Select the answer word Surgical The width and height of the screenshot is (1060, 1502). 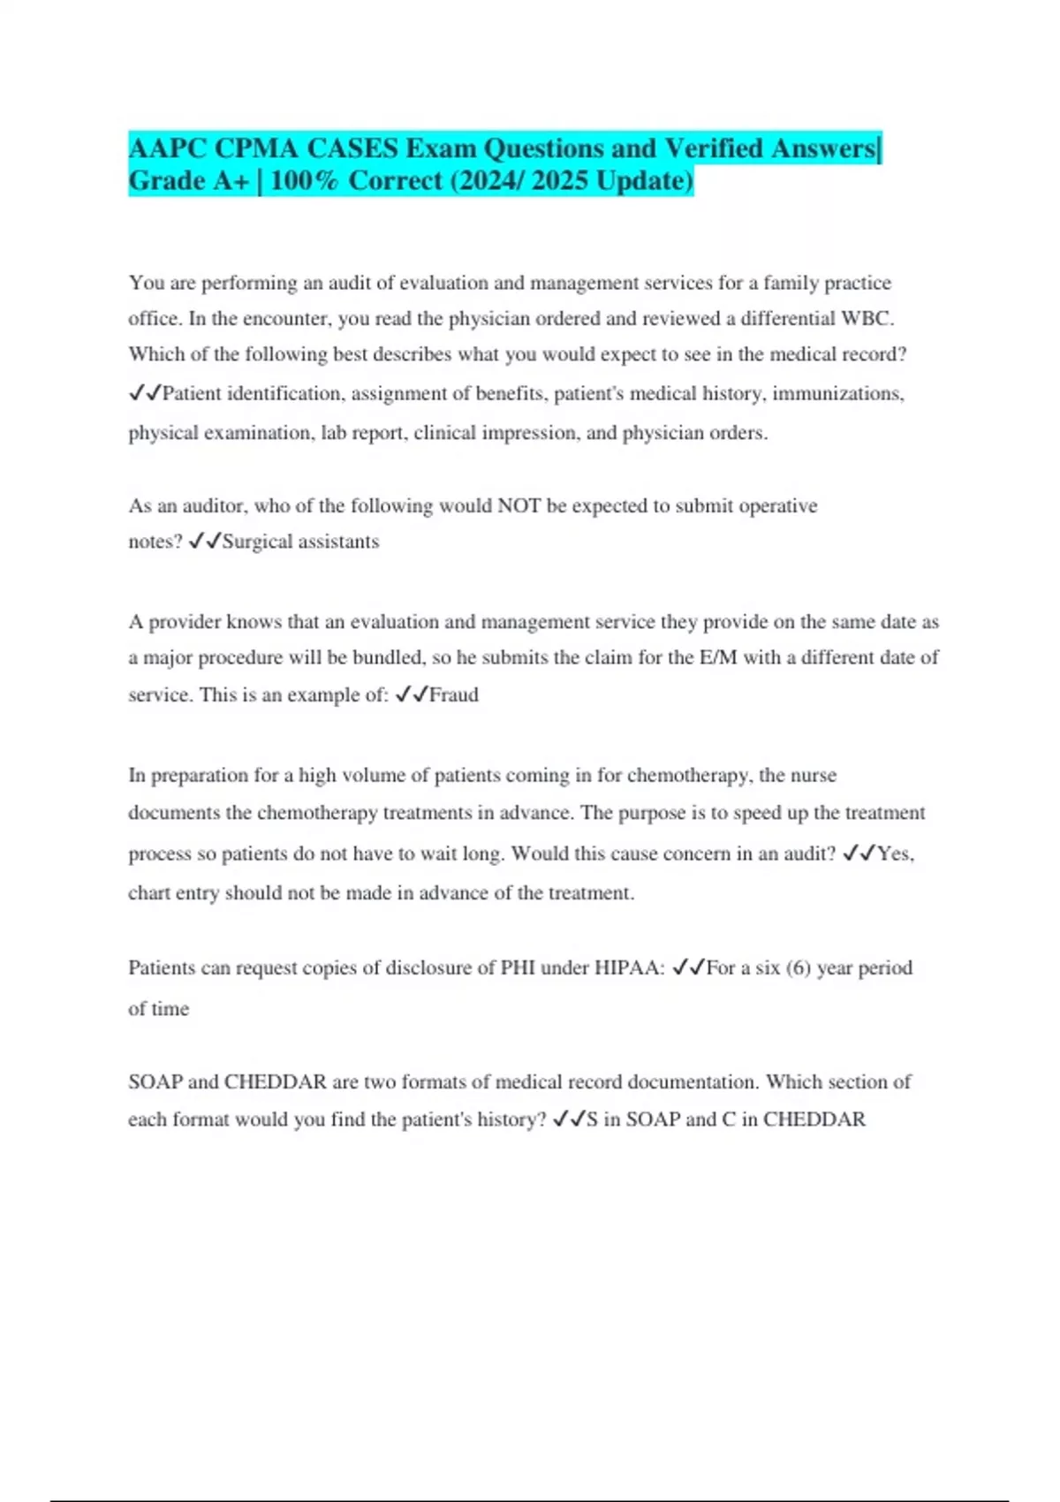(x=257, y=542)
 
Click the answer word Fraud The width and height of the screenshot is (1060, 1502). (x=454, y=695)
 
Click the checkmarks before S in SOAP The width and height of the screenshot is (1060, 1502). (x=568, y=1120)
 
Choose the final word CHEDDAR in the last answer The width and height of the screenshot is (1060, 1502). (x=814, y=1120)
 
